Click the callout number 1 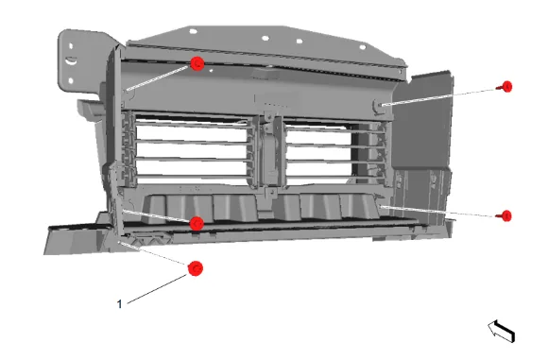120,304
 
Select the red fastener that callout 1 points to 195,268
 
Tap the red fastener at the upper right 506,86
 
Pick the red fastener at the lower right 505,215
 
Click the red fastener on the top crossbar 197,63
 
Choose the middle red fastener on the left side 197,223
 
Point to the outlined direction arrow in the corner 502,331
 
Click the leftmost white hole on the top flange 193,31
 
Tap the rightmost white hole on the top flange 363,47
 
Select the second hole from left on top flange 265,38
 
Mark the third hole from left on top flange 300,42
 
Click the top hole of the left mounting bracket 71,45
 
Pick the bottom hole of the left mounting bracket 71,81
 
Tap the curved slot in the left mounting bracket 71,60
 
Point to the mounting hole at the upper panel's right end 379,105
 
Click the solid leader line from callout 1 157,289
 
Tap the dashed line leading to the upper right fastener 439,97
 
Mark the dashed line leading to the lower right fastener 439,212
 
